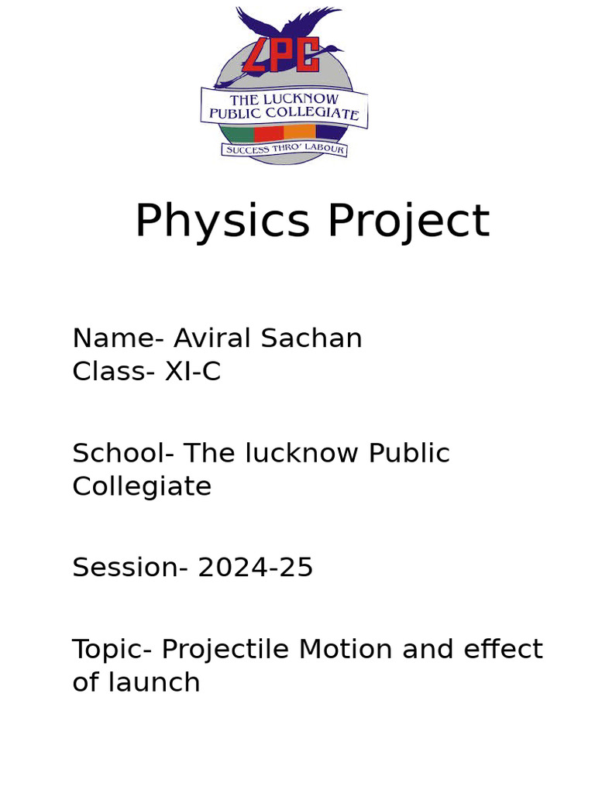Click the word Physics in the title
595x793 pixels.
[x=222, y=221]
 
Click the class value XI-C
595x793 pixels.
[x=193, y=372]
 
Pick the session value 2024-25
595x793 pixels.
[x=255, y=568]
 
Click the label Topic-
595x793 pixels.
[x=112, y=649]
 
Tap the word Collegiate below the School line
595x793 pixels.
[x=142, y=486]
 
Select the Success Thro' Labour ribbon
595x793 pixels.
[x=284, y=149]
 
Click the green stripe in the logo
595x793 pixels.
[x=239, y=132]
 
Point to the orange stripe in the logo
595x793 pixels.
[x=300, y=132]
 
